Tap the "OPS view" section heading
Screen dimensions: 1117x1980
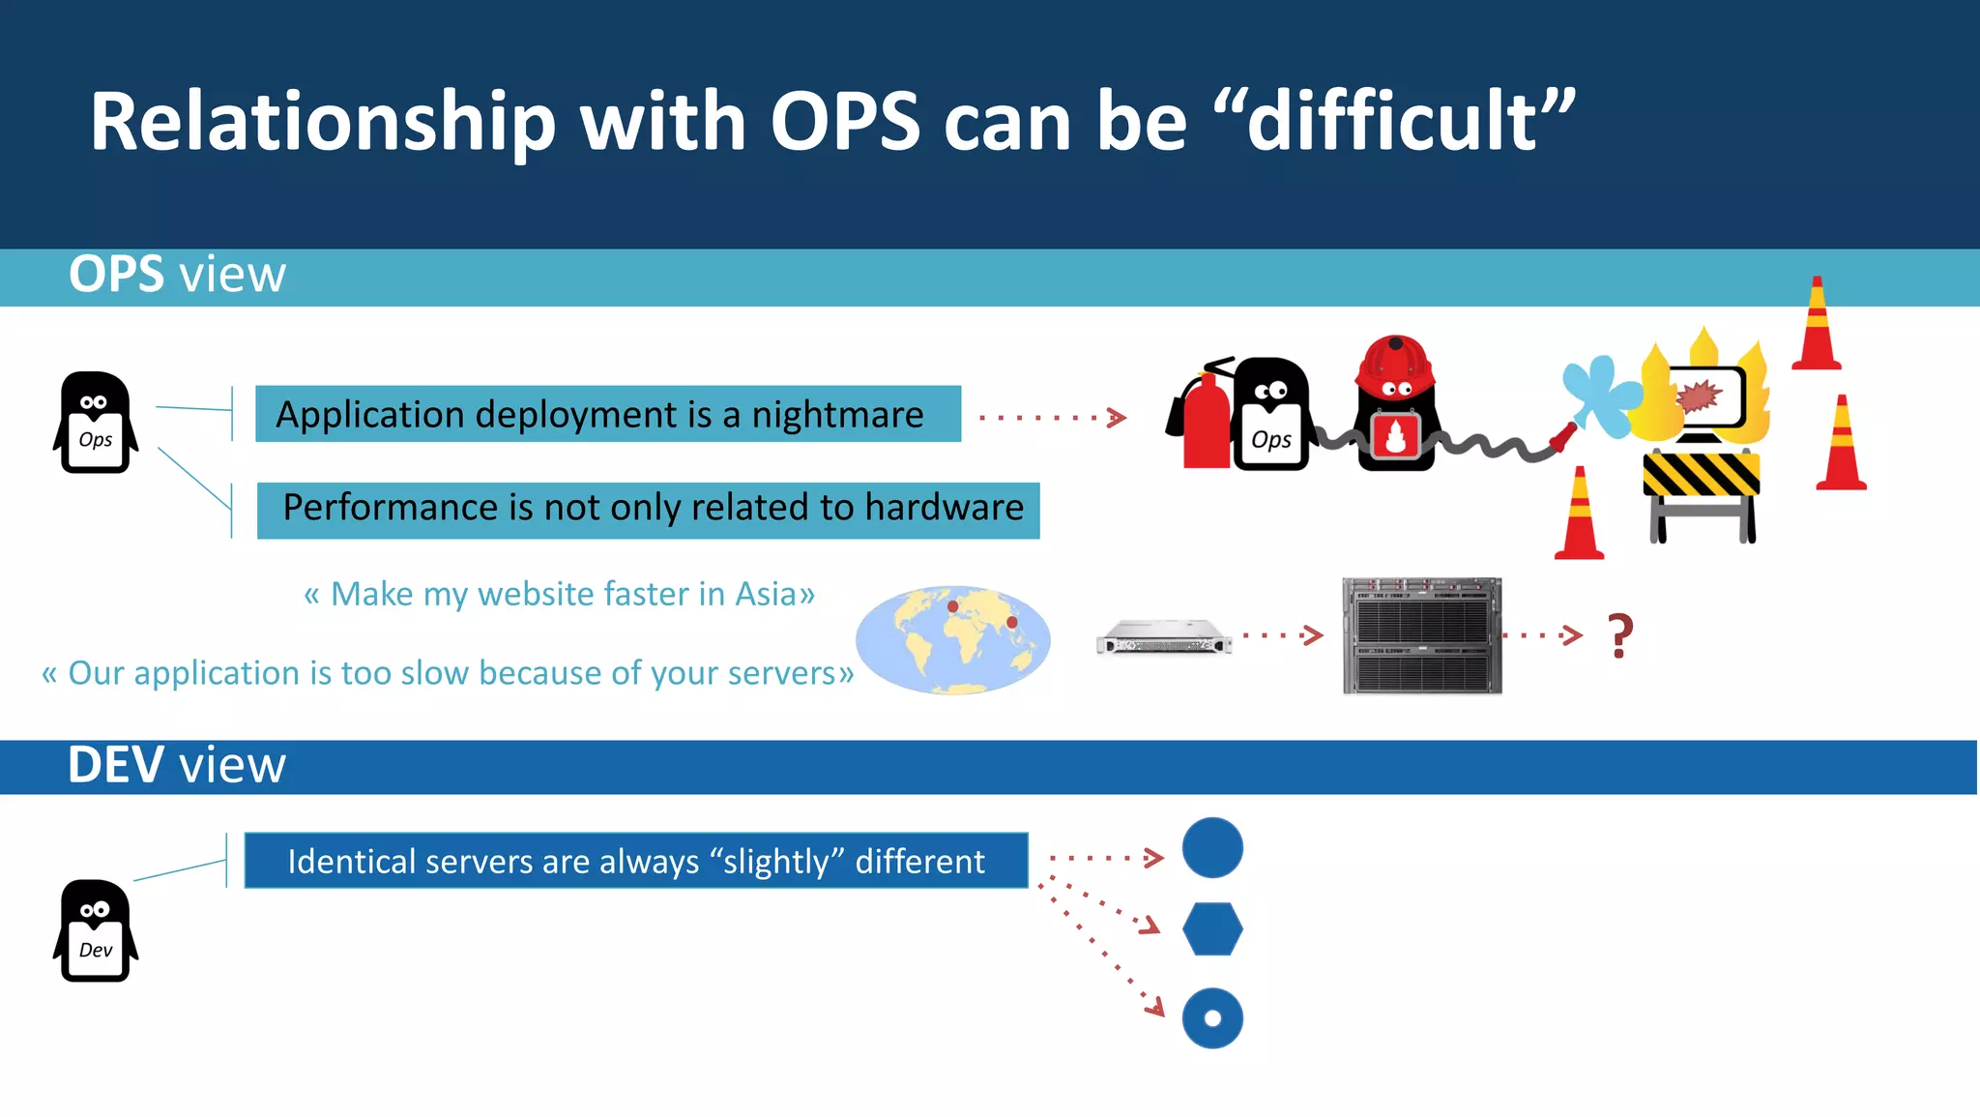tap(177, 275)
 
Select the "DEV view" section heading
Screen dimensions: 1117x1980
tap(177, 765)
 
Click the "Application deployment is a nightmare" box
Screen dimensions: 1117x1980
tap(607, 414)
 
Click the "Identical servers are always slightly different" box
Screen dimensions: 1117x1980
tap(635, 861)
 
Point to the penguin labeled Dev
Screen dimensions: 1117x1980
tap(95, 931)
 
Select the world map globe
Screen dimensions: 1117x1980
tap(952, 639)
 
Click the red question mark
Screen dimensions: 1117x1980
tap(1620, 635)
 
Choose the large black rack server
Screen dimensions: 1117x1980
tap(1421, 635)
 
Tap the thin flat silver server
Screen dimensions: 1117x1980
tap(1164, 637)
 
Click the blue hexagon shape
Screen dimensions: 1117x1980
tap(1212, 929)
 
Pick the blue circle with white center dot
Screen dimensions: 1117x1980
tap(1212, 1017)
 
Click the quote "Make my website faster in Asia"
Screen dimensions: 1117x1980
tap(559, 594)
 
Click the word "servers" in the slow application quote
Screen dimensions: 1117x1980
tap(781, 673)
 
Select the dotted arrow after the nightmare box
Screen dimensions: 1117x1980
tap(1053, 418)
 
